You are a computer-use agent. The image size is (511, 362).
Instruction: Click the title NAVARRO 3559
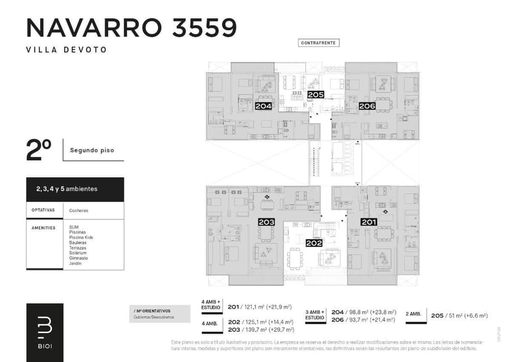131,28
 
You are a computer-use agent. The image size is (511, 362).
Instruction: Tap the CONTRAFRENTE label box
318,43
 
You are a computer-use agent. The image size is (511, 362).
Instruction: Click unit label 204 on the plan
264,106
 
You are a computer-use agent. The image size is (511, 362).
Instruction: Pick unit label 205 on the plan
315,95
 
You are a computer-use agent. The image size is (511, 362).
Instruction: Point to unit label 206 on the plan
367,106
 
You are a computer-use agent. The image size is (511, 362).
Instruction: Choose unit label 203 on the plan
267,222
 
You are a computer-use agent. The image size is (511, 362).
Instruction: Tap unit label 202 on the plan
314,243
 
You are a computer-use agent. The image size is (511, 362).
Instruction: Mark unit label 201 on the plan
369,222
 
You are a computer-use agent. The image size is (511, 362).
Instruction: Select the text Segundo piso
92,150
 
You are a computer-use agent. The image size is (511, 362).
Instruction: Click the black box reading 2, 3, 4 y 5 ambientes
75,189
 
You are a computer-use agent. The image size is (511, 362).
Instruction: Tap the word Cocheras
78,210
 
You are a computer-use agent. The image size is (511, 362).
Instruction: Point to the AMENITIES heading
44,227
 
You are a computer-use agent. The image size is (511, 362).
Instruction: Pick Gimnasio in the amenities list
78,258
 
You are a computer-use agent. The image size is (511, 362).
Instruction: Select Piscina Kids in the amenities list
81,237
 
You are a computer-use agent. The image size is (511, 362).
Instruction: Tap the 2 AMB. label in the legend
413,314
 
